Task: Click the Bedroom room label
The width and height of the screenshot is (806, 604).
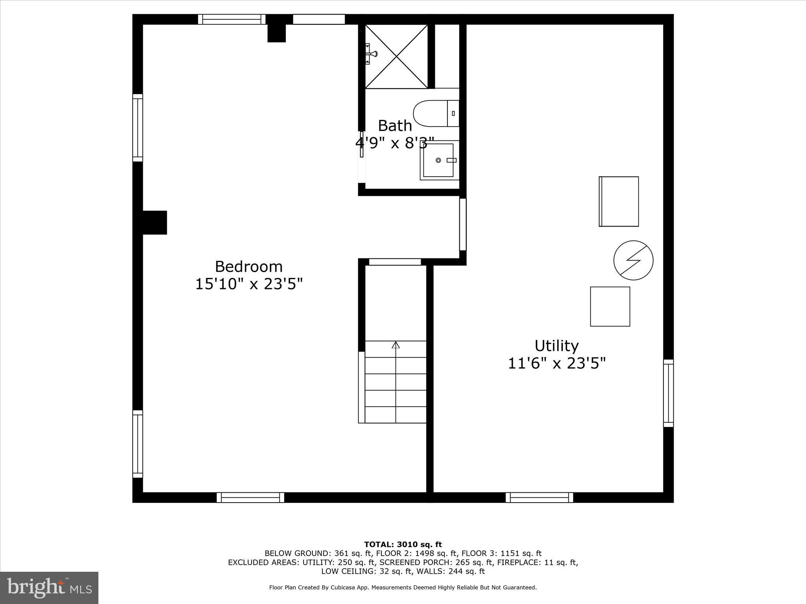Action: click(x=249, y=267)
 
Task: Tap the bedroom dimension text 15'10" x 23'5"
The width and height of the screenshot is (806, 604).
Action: click(x=249, y=284)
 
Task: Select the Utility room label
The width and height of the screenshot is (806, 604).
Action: click(x=556, y=346)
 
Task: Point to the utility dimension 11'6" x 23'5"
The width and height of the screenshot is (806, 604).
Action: click(x=556, y=363)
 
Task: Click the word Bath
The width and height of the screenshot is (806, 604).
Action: click(x=395, y=126)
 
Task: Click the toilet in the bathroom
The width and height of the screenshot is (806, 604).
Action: click(x=435, y=113)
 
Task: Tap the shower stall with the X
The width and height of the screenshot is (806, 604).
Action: click(x=396, y=56)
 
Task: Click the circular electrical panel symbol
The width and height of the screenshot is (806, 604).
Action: click(x=633, y=260)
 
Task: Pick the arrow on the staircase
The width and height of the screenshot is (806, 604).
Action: click(x=396, y=346)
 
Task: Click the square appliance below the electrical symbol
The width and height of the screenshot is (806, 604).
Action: click(x=610, y=306)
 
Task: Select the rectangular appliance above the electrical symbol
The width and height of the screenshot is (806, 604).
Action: click(x=619, y=201)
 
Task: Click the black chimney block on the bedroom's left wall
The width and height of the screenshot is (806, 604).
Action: click(x=154, y=223)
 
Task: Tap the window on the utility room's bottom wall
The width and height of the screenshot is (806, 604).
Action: click(x=539, y=497)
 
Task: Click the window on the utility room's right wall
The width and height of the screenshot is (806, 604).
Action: click(x=668, y=393)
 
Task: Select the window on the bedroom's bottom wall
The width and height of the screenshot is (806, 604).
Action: click(x=250, y=497)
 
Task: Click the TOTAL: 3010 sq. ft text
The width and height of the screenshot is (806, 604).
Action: click(x=403, y=545)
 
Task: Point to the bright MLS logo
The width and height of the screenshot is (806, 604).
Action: click(x=49, y=587)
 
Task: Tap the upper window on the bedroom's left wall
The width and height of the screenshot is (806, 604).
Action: click(x=137, y=128)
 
